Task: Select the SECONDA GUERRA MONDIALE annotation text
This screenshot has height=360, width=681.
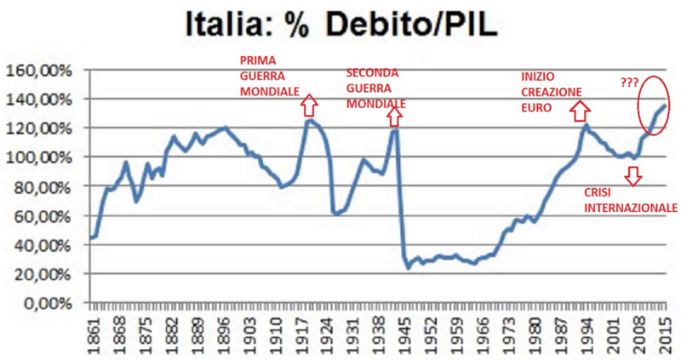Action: click(x=375, y=89)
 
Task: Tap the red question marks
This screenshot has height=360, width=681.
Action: click(x=630, y=83)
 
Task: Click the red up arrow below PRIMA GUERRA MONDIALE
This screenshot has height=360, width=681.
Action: click(x=308, y=105)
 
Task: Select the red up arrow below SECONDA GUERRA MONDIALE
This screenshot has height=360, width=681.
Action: click(x=394, y=113)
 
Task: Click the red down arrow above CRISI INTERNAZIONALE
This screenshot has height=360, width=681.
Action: click(x=632, y=175)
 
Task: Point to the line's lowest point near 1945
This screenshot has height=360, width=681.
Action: click(x=408, y=268)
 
